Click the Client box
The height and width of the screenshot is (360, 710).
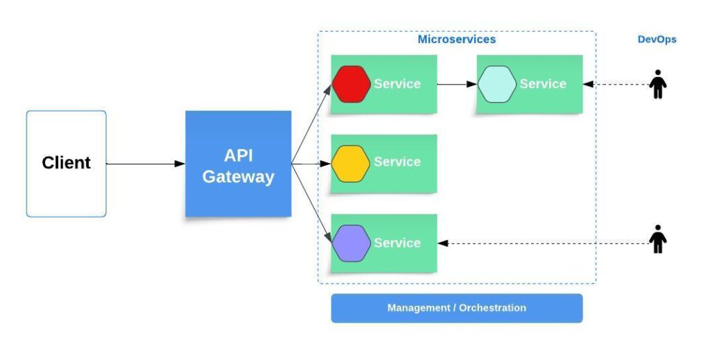tap(67, 164)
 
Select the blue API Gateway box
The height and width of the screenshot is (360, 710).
tap(238, 164)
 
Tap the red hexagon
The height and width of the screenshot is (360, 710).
tap(351, 84)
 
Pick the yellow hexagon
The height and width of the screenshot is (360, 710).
tap(351, 164)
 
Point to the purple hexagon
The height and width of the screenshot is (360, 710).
tap(351, 243)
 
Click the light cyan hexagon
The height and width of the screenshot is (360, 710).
tap(496, 84)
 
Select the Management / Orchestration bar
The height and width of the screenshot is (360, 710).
tap(456, 308)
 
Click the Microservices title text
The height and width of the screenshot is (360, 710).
tap(456, 40)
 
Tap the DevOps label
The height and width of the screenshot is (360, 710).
tap(657, 40)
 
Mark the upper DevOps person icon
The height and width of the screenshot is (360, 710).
tap(657, 85)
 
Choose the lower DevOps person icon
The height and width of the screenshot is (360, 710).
tap(657, 239)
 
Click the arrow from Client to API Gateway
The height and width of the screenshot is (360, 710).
tap(146, 164)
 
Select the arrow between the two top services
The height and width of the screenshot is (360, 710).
tap(457, 84)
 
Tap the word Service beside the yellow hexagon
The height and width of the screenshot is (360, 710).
tap(397, 162)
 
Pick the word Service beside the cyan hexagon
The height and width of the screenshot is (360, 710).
tap(543, 84)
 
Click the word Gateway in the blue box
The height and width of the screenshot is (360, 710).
tap(238, 177)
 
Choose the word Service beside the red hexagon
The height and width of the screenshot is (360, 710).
tap(397, 84)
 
